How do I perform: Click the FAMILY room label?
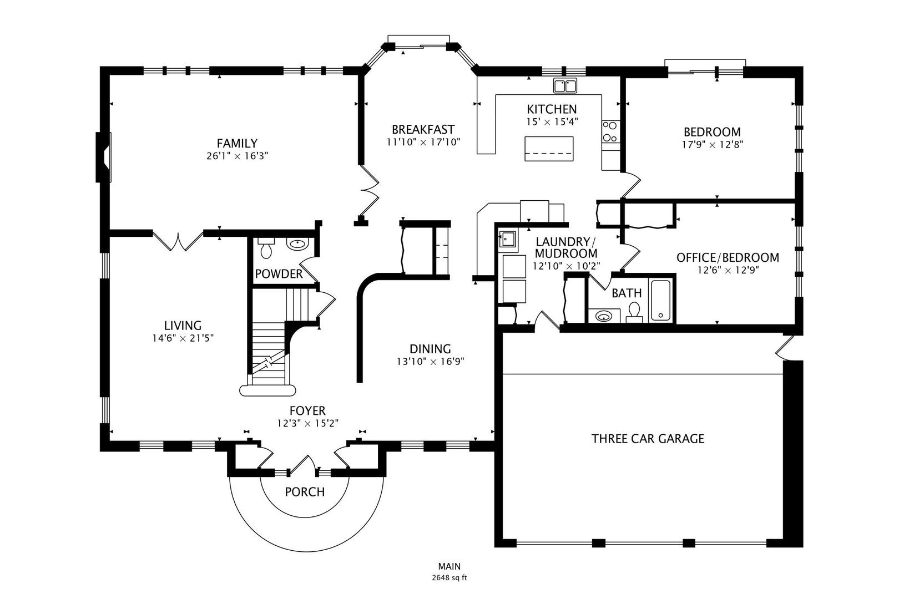click(x=237, y=143)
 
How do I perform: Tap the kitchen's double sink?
click(x=565, y=85)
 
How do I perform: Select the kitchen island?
click(x=549, y=149)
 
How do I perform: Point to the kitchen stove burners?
click(x=610, y=131)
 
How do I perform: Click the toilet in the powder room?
click(x=266, y=248)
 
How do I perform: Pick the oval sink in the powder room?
click(x=297, y=243)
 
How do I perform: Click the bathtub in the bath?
click(x=660, y=300)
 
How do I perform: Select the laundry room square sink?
click(x=507, y=239)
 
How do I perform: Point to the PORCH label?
click(x=305, y=492)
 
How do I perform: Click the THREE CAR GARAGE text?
click(x=648, y=439)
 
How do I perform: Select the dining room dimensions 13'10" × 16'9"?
click(x=430, y=362)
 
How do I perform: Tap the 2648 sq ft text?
click(x=449, y=578)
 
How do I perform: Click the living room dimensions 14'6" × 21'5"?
click(x=183, y=338)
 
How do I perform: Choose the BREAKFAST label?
click(x=423, y=130)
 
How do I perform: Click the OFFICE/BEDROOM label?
click(x=728, y=257)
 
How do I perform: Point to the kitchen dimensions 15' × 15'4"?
click(x=552, y=121)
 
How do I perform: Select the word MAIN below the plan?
click(x=449, y=566)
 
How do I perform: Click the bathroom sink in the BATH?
click(x=604, y=316)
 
